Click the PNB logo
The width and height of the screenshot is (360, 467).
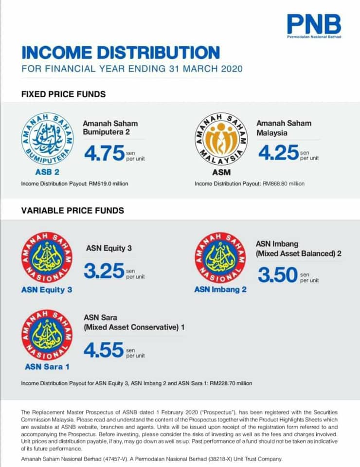[314, 26]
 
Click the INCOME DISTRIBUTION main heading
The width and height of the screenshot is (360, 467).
[121, 53]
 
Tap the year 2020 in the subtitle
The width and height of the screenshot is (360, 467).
[232, 69]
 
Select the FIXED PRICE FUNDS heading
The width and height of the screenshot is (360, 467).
[63, 94]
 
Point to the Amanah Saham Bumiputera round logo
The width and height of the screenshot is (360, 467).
[48, 139]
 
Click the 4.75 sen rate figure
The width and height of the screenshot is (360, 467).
[104, 153]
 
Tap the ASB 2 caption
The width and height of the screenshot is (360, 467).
[47, 172]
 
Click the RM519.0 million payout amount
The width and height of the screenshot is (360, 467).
[108, 184]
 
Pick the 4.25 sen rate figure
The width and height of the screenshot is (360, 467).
[278, 152]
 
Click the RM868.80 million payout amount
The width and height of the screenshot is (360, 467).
[284, 184]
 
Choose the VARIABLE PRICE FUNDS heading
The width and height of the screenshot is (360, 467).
[72, 211]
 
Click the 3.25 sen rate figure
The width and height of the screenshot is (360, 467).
[104, 271]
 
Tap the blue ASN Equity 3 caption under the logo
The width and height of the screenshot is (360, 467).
[47, 290]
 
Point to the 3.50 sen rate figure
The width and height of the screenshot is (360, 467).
[278, 274]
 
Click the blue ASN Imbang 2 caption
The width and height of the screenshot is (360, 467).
[220, 289]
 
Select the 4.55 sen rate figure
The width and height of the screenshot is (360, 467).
[103, 350]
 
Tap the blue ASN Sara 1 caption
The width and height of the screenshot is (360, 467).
[47, 367]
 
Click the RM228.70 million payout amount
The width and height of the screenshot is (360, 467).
[231, 383]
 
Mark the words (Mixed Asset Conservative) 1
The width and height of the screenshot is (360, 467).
[134, 327]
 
